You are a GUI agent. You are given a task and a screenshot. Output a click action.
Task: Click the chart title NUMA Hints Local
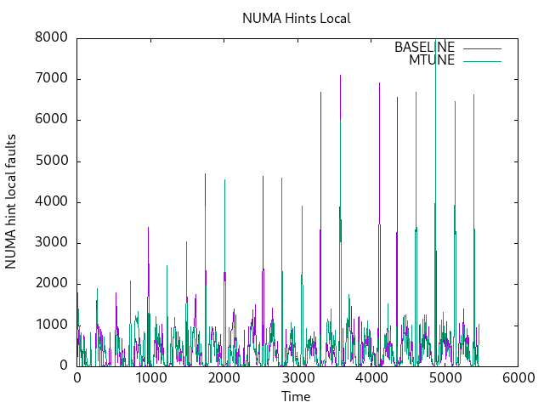coord(296,18)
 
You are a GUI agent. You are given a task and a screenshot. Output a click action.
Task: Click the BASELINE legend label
coord(424,47)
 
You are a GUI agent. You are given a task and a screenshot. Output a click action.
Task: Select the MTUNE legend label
coord(432,60)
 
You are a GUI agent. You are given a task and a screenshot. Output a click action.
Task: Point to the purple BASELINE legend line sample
coord(482,48)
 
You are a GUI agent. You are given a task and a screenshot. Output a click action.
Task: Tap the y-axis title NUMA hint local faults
coord(11,201)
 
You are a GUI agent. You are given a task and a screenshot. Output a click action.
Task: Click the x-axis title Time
coord(296,396)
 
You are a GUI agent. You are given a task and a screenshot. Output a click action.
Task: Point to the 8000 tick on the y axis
coord(52,38)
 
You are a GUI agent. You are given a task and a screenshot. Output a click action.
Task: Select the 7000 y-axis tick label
coord(52,79)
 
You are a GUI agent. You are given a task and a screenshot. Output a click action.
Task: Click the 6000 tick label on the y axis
coord(52,120)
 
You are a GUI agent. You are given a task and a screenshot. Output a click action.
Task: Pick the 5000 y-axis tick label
coord(52,161)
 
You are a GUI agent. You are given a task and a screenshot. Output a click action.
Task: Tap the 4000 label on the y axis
coord(52,202)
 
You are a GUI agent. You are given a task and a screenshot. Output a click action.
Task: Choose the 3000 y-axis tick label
coord(52,243)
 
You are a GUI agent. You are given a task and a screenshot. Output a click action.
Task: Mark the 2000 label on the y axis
coord(52,284)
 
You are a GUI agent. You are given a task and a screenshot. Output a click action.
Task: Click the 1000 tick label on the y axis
coord(52,325)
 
